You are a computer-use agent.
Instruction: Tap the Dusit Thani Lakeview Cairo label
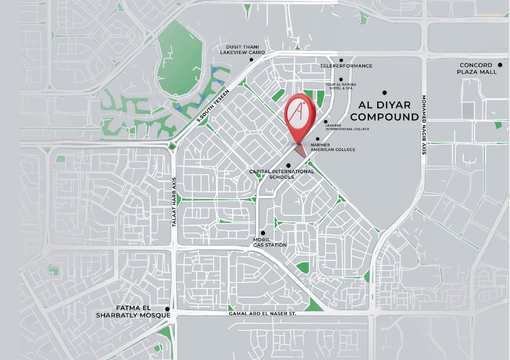coord(242,50)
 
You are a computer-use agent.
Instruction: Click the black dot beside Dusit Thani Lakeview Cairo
coord(251,60)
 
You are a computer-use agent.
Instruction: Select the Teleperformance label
coord(346,66)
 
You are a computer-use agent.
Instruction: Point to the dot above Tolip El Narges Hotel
coord(341,80)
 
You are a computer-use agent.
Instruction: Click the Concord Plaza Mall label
coord(476,69)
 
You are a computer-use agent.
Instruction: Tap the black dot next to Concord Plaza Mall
coord(500,65)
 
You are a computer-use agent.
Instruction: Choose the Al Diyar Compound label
coord(384,111)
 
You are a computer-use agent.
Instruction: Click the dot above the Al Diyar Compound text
coord(384,93)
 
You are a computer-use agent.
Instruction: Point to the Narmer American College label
coord(333,147)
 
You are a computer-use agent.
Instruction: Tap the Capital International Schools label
coord(281,174)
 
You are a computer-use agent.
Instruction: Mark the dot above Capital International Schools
coord(288,165)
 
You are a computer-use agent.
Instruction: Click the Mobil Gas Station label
coord(270,242)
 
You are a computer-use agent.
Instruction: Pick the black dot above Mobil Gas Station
coord(263,233)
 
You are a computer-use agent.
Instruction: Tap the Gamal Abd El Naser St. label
coord(262,314)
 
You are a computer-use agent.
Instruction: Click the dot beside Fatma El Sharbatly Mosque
coord(168,309)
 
